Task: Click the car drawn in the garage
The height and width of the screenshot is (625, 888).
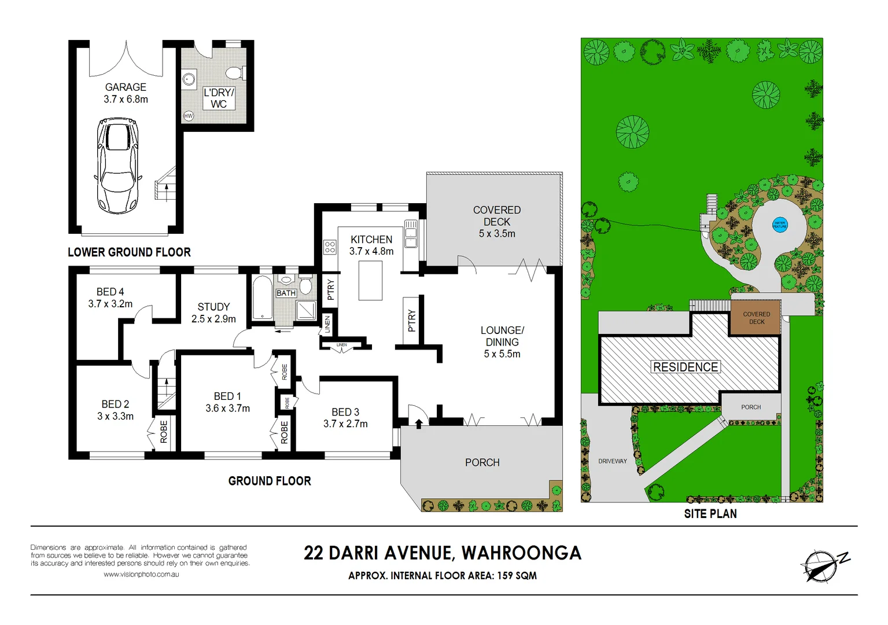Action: (118, 166)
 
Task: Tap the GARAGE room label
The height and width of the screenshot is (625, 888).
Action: (126, 87)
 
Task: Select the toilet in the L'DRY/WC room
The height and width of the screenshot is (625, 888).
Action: (234, 73)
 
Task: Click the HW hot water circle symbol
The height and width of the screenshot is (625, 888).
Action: (188, 116)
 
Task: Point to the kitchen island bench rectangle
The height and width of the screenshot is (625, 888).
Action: (370, 281)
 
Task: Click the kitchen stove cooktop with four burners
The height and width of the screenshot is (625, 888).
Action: (330, 248)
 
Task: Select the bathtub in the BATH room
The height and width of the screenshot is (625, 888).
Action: (263, 298)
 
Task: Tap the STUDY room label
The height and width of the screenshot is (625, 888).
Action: (213, 307)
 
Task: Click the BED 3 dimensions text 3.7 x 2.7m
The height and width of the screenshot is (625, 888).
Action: (345, 424)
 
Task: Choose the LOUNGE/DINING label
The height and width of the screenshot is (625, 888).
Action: (502, 336)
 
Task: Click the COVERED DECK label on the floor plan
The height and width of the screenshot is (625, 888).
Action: (497, 216)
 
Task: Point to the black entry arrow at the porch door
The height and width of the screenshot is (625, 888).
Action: (418, 424)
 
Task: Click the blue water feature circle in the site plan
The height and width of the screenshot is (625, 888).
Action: (780, 225)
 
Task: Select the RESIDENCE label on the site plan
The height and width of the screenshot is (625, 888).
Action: (686, 367)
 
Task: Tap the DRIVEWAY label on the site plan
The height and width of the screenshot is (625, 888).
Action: (613, 461)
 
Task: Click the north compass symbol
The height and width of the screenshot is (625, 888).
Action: (820, 565)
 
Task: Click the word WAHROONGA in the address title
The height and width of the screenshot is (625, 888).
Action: (521, 553)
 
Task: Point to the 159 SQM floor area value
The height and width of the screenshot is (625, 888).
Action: (517, 576)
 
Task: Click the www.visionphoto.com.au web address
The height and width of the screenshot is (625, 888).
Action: (141, 575)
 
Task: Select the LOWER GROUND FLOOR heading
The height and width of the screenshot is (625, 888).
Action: (129, 252)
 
